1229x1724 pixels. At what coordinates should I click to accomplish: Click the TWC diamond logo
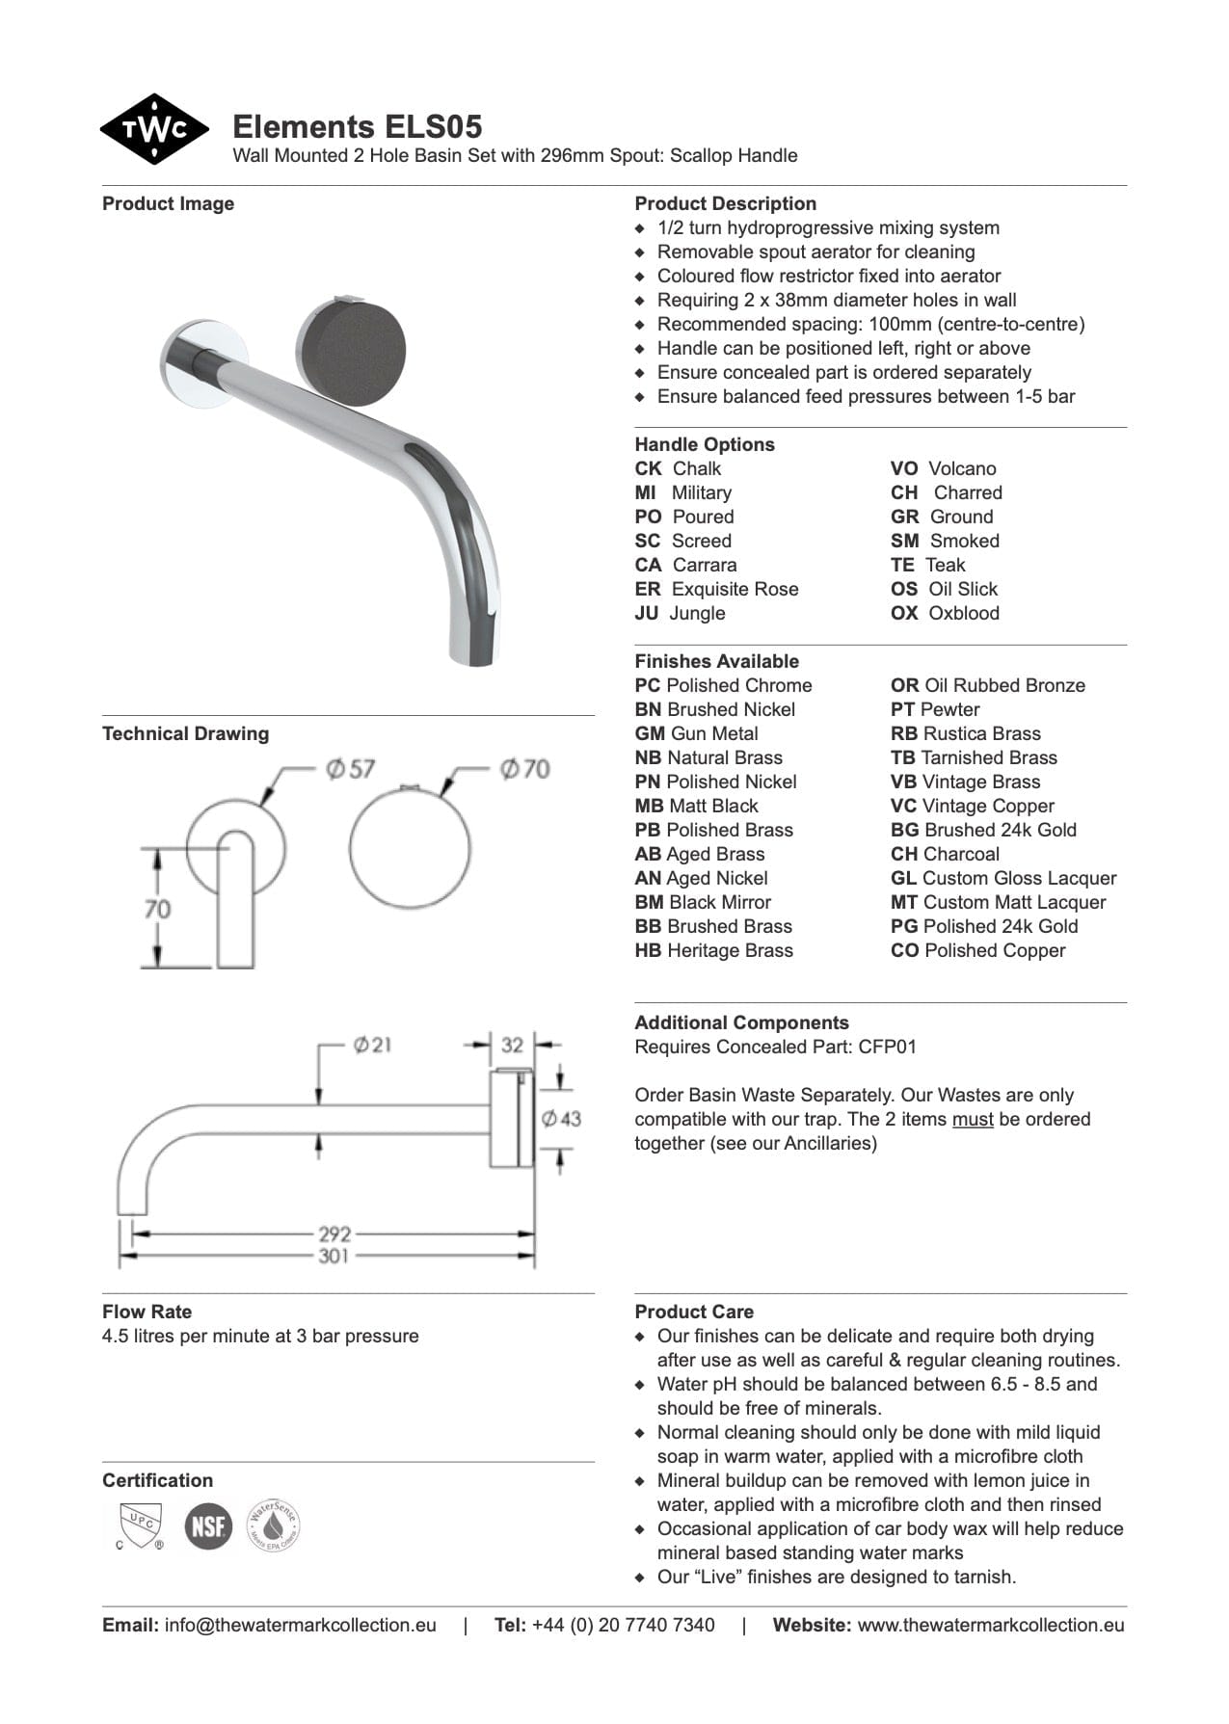coord(153,129)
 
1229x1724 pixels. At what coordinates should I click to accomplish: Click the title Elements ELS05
coord(357,126)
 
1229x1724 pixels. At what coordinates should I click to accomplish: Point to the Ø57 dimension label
coord(350,769)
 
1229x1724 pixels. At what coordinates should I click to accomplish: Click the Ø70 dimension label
coord(524,769)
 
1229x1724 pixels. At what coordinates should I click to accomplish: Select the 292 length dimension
coord(334,1233)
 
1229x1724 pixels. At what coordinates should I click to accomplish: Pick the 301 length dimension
coord(334,1256)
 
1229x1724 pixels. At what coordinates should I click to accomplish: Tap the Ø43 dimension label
coord(561,1118)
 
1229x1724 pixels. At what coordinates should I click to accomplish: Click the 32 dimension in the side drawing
coord(512,1045)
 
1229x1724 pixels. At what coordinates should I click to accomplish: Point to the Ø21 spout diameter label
coord(372,1045)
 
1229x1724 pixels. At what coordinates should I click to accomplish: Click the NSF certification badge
coord(208,1526)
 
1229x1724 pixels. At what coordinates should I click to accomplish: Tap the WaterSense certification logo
coord(274,1525)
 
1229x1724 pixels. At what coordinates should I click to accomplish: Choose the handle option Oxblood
coord(963,613)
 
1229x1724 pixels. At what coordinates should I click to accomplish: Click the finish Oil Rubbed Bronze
coord(1003,685)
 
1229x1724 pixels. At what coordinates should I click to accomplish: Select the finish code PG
coord(904,926)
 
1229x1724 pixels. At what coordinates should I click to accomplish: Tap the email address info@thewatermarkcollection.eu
coord(300,1625)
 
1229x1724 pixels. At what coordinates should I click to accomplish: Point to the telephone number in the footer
coord(623,1625)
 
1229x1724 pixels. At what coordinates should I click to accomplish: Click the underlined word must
coord(972,1119)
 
